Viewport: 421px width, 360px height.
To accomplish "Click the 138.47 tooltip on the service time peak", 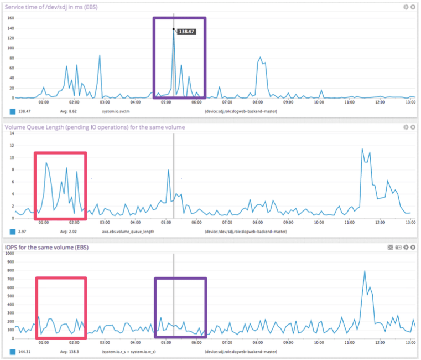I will coord(186,33).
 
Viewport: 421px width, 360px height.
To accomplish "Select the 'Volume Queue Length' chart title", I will coord(95,127).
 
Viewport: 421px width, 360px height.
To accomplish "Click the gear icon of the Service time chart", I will coord(406,7).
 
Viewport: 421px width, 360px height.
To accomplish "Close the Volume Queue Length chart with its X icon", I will coord(413,127).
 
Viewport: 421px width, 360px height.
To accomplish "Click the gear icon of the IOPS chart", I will coord(406,247).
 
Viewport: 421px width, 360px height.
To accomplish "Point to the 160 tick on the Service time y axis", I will coord(9,17).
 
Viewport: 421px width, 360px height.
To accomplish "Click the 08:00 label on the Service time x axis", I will coord(257,102).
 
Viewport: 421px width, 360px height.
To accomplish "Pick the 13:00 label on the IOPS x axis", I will coord(410,342).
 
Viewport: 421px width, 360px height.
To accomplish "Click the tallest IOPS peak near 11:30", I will coord(365,271).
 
